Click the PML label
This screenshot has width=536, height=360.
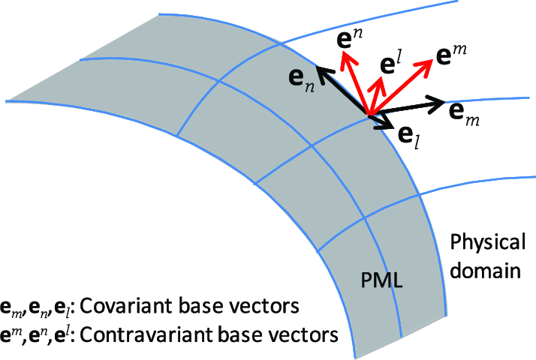point(381,280)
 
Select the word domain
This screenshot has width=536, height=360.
point(486,270)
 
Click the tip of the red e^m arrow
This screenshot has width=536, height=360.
point(432,60)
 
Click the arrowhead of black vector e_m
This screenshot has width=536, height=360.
point(445,101)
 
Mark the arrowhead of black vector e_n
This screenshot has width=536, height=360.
point(316,67)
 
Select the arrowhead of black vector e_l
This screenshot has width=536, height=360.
point(391,127)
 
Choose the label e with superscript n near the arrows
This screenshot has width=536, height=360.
point(349,37)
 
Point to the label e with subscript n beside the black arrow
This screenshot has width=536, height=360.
point(302,80)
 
